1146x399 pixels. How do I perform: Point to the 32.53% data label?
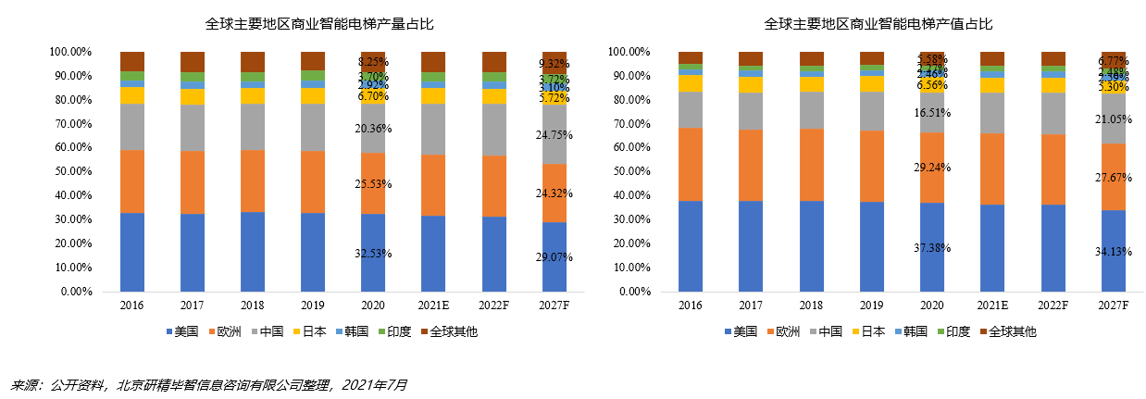tap(373, 253)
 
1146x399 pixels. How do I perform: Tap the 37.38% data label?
tap(931, 247)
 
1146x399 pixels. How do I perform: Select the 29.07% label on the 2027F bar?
tap(554, 256)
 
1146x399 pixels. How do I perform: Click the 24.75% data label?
tap(554, 134)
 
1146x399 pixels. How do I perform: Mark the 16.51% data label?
tap(931, 112)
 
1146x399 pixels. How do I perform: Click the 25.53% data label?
tap(373, 184)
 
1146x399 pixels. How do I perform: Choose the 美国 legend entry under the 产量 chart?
tap(181, 331)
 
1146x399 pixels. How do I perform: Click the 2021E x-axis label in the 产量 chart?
tap(433, 305)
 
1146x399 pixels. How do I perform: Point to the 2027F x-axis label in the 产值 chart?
tap(1114, 305)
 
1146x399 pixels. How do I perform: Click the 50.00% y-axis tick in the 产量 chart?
tap(71, 171)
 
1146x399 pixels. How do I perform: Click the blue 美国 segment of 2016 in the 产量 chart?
tap(132, 252)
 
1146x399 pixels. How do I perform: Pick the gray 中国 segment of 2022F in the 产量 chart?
tap(494, 129)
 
